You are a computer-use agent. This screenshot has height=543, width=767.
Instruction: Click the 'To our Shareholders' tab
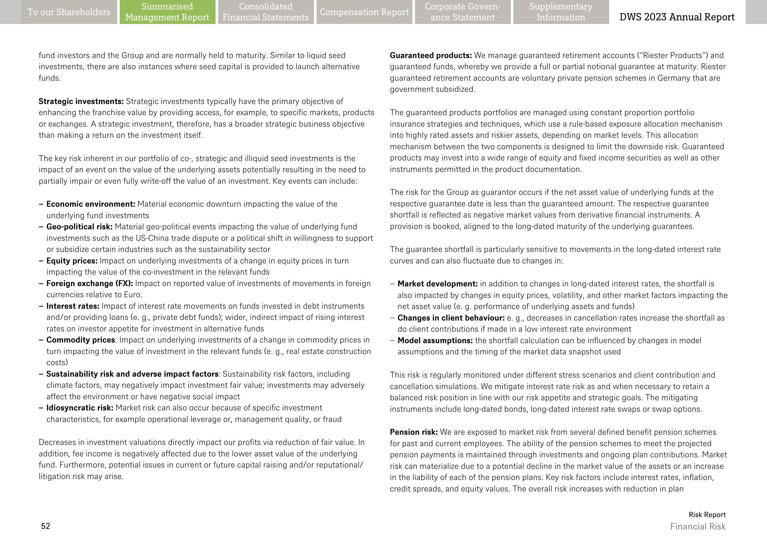(x=69, y=12)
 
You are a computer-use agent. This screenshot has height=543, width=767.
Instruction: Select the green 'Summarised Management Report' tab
(x=167, y=12)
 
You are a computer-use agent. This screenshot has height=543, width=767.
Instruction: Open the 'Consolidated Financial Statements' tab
(x=266, y=12)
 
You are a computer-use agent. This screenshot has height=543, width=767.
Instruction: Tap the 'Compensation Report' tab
(x=364, y=12)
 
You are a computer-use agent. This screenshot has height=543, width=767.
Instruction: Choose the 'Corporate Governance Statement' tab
(x=463, y=12)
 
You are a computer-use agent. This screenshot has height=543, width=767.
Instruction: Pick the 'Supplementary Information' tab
(x=561, y=12)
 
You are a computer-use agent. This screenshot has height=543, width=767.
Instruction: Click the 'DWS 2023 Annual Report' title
(x=677, y=17)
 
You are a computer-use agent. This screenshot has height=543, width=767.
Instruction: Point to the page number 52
(x=46, y=526)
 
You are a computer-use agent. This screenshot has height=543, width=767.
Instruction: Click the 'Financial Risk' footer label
(x=698, y=526)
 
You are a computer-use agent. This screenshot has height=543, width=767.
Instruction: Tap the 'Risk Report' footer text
(x=707, y=514)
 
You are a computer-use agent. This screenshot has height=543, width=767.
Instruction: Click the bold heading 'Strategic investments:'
(x=81, y=101)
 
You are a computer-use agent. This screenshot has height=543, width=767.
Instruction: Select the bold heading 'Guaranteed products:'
(x=431, y=55)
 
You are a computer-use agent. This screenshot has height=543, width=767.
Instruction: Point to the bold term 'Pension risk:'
(x=414, y=432)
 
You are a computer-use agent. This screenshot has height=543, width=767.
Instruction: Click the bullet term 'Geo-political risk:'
(x=79, y=227)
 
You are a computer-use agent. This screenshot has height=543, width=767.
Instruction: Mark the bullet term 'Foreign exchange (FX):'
(x=90, y=283)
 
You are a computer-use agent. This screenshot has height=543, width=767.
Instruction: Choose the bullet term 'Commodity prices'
(x=81, y=340)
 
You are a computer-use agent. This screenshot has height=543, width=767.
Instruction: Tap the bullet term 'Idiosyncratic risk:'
(x=80, y=408)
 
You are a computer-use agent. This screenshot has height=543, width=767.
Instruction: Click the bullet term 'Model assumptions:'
(x=435, y=341)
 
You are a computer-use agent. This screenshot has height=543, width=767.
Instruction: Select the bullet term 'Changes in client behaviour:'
(x=451, y=318)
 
